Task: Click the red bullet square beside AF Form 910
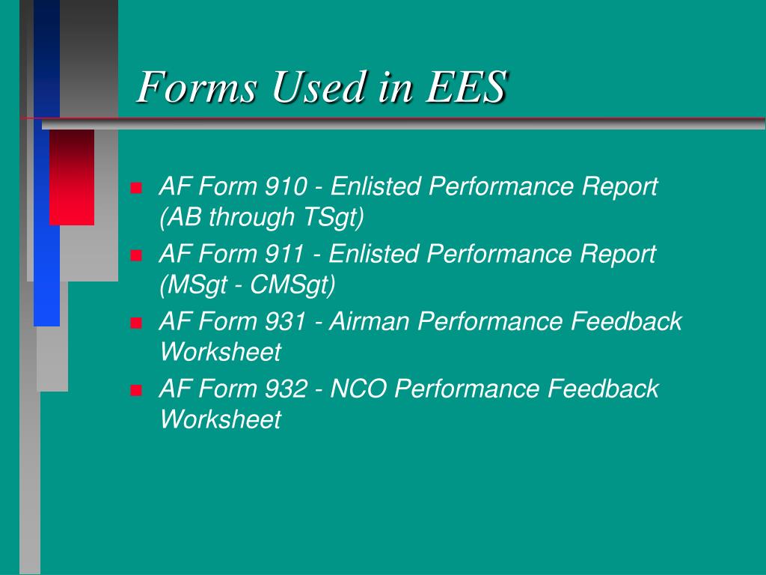point(136,187)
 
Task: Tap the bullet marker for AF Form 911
point(136,255)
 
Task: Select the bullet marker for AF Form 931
point(136,323)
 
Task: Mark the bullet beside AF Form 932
point(136,390)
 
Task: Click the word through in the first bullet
point(252,217)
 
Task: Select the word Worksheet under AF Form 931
point(220,351)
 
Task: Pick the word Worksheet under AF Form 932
point(220,419)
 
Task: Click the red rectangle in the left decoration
point(72,177)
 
